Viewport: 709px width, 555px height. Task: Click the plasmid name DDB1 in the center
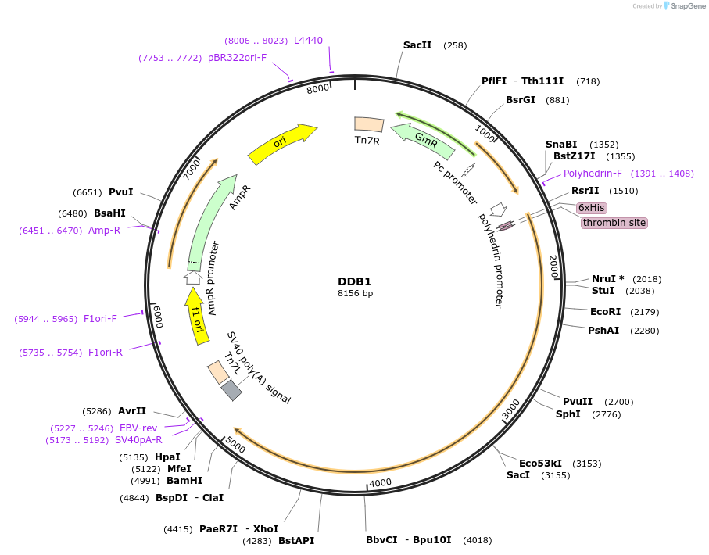click(x=355, y=281)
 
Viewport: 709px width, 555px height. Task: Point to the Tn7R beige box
click(x=369, y=124)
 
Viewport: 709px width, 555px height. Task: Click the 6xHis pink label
click(x=591, y=207)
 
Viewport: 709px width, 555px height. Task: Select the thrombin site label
click(x=614, y=223)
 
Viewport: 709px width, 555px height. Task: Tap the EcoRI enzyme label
click(x=605, y=312)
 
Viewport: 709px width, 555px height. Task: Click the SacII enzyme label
click(x=417, y=45)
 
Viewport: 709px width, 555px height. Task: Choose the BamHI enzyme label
click(x=184, y=481)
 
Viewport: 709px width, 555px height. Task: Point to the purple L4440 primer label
click(x=308, y=41)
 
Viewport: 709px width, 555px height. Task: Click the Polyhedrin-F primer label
click(x=593, y=174)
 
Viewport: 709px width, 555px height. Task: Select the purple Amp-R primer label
click(x=104, y=231)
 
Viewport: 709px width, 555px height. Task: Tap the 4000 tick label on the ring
click(x=380, y=483)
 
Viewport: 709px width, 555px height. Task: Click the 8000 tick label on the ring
click(x=318, y=89)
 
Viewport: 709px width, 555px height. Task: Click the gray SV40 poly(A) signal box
click(x=231, y=390)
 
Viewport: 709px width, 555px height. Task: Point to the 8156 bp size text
click(x=355, y=294)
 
